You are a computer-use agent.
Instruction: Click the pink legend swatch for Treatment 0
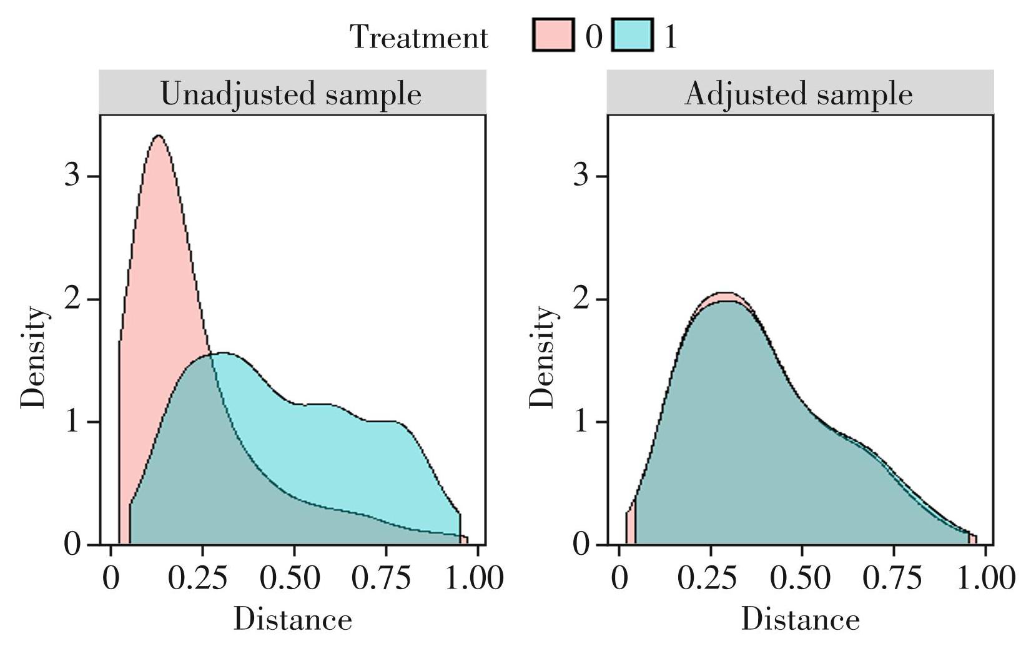coord(553,35)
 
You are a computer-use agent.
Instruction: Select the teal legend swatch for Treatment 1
coord(632,35)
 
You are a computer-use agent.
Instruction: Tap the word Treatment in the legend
coord(418,37)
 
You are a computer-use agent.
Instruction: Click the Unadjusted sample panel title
coord(291,94)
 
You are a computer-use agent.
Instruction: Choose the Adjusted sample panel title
coord(799,94)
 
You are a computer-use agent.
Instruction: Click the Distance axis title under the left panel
coord(292,620)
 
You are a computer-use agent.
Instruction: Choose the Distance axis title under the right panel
coord(801,620)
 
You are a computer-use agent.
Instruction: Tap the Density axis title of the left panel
coord(34,357)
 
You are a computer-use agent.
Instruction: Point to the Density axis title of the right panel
coord(542,357)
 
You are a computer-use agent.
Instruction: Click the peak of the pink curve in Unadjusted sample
coord(159,136)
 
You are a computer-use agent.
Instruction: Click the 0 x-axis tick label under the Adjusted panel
coord(619,579)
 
